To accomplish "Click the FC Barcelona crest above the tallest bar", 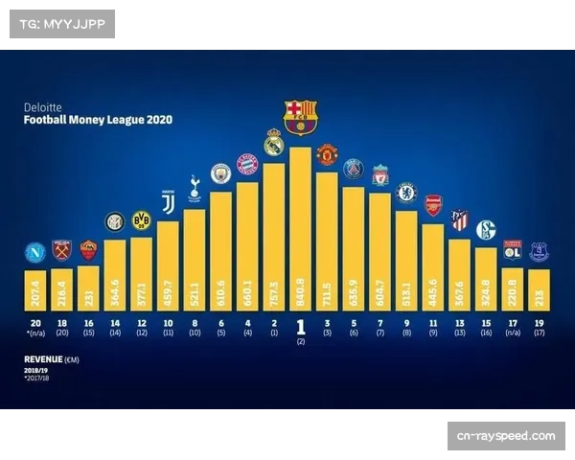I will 300,116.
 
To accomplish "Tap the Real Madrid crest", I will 274,142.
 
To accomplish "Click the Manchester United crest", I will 327,154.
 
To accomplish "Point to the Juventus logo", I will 168,202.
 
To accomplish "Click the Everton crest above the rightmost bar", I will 538,252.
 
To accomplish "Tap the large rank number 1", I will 300,327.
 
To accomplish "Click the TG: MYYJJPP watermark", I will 61,23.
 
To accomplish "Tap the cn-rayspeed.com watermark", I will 505,436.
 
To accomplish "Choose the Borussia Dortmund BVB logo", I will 142,220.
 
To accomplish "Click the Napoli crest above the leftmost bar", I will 35,253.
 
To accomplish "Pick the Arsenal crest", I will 432,205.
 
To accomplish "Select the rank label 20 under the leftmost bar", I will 35,323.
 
